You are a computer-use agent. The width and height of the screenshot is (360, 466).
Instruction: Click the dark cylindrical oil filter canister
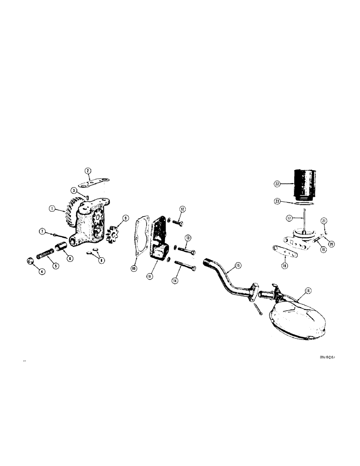click(305, 183)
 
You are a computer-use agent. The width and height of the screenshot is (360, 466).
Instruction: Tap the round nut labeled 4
click(29, 260)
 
